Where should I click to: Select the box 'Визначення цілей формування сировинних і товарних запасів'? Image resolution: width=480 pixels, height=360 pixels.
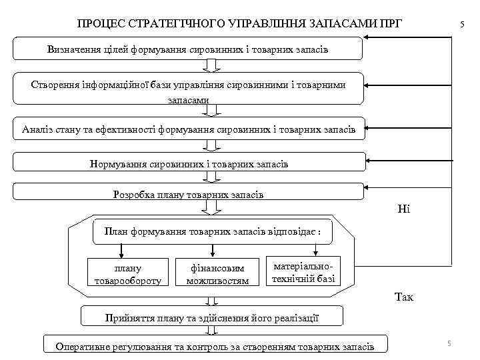[x=188, y=49]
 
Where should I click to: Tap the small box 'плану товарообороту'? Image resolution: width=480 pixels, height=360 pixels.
[x=124, y=274]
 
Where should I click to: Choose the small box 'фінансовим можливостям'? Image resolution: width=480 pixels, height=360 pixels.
[x=215, y=274]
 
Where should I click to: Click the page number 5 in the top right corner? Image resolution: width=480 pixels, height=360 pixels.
[x=461, y=25]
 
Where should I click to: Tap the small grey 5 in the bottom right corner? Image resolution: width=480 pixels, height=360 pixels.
[x=449, y=343]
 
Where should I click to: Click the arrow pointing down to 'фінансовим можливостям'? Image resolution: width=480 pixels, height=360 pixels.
[x=212, y=251]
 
